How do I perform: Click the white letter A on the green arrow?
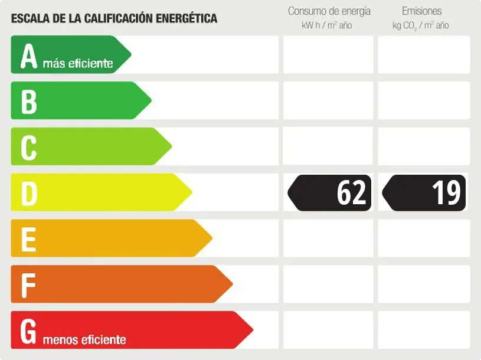[x=28, y=56]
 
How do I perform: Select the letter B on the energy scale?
[x=28, y=101]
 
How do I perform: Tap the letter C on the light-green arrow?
[x=28, y=147]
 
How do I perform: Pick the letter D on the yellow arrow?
[x=29, y=193]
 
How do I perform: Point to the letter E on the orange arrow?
[x=28, y=239]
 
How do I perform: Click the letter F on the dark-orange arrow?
[x=28, y=285]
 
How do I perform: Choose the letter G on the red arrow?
[x=28, y=331]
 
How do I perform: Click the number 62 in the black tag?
[x=352, y=193]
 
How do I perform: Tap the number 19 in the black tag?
[x=446, y=193]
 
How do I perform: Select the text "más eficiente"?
[x=78, y=63]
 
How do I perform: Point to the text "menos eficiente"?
[x=84, y=339]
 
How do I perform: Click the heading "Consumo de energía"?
[x=329, y=11]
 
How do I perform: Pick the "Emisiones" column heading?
[x=421, y=11]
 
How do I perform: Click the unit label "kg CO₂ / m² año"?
[x=421, y=25]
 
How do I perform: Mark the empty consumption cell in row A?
[x=328, y=55]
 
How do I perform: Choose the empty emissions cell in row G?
[x=424, y=330]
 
